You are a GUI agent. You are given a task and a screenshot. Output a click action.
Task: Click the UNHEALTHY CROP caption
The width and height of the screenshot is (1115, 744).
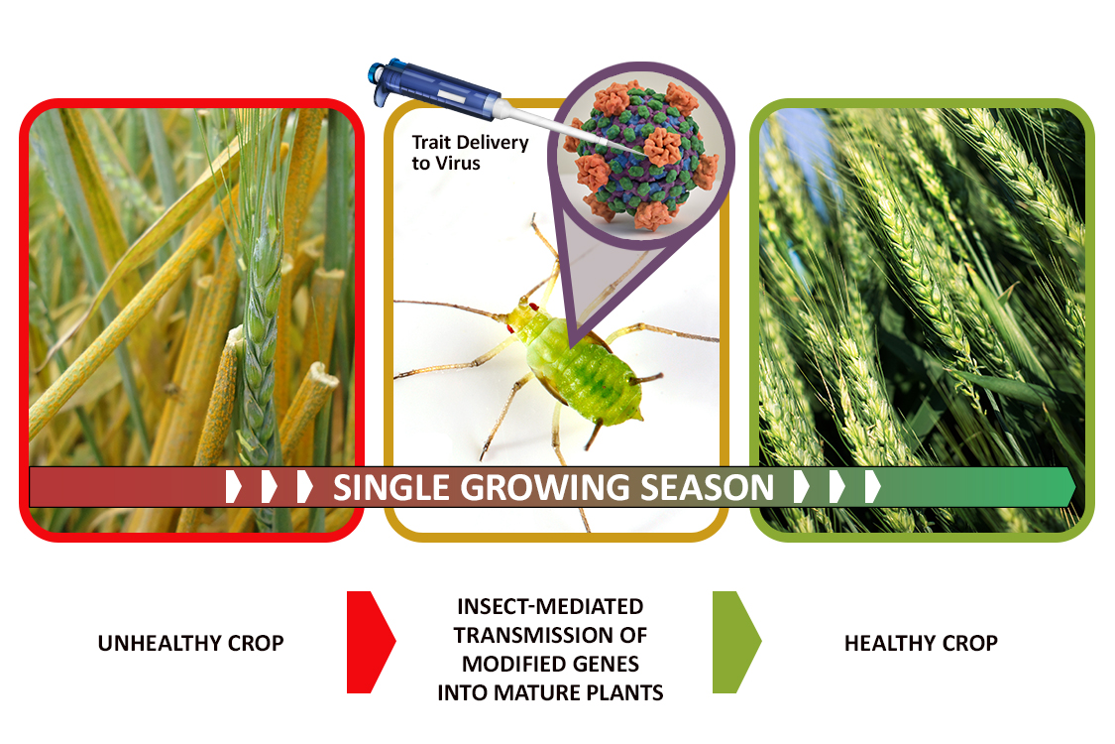click(190, 643)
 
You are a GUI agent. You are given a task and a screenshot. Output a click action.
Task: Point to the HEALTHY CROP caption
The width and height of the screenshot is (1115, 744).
click(921, 643)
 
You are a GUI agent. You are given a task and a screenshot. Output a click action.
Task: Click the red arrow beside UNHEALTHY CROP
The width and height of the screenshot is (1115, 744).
click(370, 642)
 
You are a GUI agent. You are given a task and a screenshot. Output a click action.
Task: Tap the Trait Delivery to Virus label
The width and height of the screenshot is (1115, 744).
click(470, 153)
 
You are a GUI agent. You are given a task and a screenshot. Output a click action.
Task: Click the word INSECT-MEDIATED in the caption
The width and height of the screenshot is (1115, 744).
click(550, 606)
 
